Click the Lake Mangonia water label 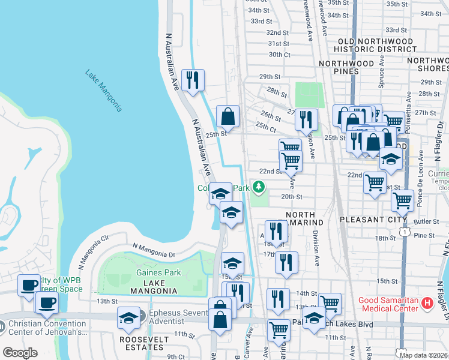104,91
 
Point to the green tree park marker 259,187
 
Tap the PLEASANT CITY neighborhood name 365,220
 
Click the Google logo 20,353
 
